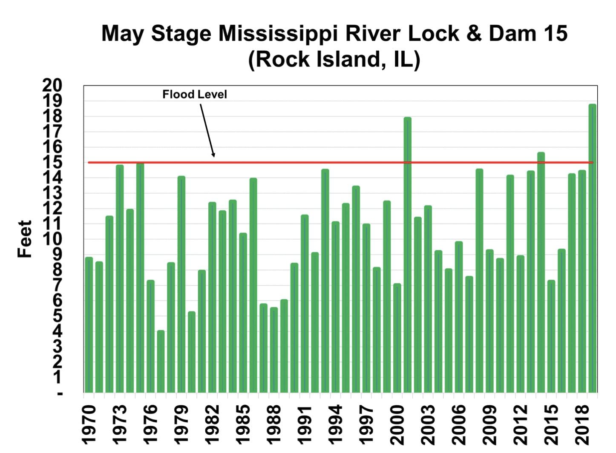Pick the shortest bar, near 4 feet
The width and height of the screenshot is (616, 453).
[x=161, y=361]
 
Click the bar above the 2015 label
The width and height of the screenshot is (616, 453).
[x=551, y=336]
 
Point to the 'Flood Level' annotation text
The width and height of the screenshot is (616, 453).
[x=195, y=94]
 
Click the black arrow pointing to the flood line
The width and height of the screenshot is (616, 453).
[x=207, y=130]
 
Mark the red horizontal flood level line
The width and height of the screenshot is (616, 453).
[x=298, y=162]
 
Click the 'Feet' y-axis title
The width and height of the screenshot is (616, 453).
[x=25, y=239]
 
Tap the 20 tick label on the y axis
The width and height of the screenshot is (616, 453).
[x=52, y=86]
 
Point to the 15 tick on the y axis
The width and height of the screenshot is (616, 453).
[x=52, y=162]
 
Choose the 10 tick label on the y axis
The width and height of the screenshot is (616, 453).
[x=52, y=239]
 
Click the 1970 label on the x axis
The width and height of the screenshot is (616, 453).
[x=89, y=424]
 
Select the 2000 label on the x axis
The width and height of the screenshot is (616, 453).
[x=397, y=424]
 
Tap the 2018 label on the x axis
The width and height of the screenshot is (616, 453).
[x=582, y=424]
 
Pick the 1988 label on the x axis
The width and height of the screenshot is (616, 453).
[x=274, y=424]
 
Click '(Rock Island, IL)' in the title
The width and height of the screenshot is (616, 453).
[x=334, y=59]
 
